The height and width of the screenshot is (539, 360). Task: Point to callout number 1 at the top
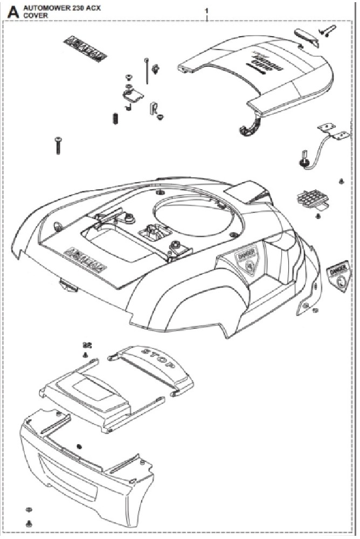[206, 11]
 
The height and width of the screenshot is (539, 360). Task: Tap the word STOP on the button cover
[157, 358]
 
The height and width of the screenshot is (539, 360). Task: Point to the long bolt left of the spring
[58, 146]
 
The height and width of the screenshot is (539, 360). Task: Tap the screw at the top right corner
[326, 31]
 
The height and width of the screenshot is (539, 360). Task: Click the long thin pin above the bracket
[147, 70]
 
